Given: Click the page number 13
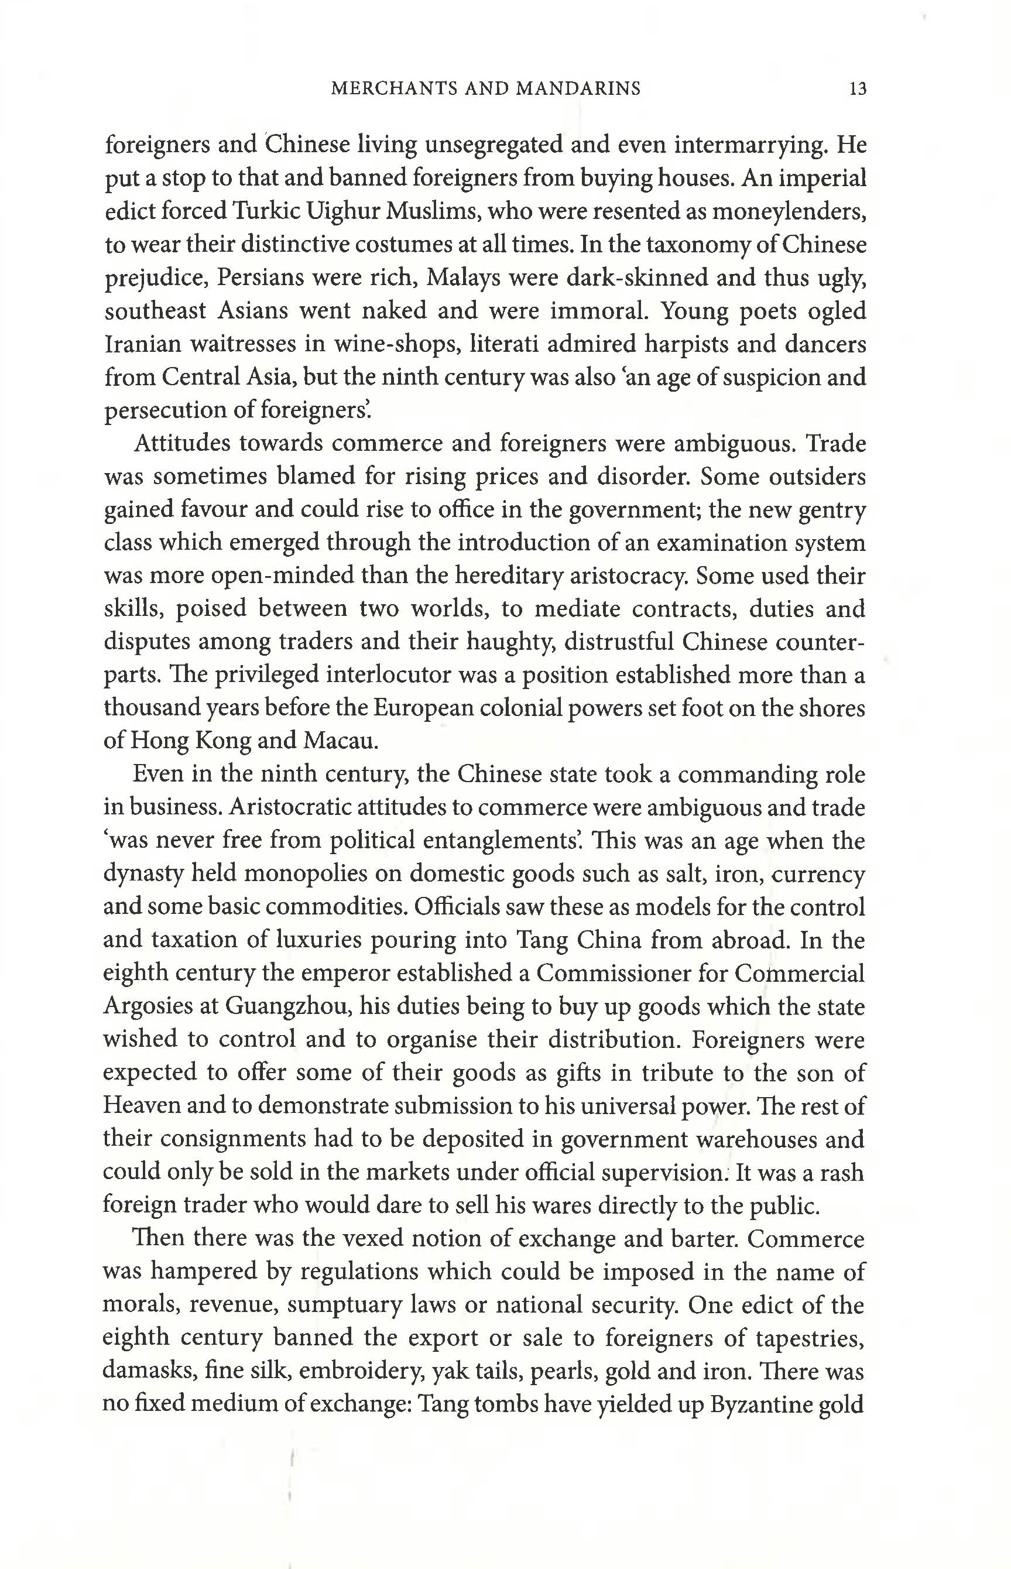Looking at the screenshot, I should tap(858, 88).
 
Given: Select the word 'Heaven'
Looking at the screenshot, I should tap(140, 1105).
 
